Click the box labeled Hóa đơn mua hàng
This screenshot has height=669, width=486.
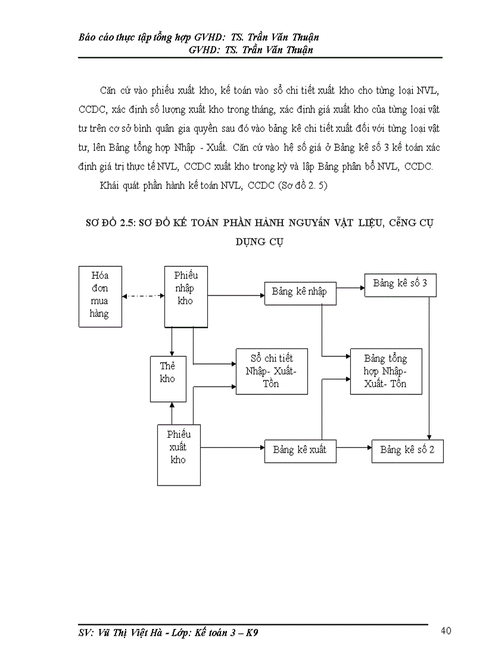point(99,296)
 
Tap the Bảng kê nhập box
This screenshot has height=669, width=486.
point(299,292)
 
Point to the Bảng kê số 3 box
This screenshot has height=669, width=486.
point(400,284)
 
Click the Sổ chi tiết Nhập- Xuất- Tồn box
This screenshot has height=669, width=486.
point(272,371)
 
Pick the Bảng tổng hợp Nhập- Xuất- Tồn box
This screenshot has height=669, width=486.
point(385,371)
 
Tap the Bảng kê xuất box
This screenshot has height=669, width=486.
point(300,450)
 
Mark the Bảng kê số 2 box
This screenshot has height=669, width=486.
point(407,450)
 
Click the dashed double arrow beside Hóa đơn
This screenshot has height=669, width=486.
point(142,295)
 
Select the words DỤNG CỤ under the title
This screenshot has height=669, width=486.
point(260,243)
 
